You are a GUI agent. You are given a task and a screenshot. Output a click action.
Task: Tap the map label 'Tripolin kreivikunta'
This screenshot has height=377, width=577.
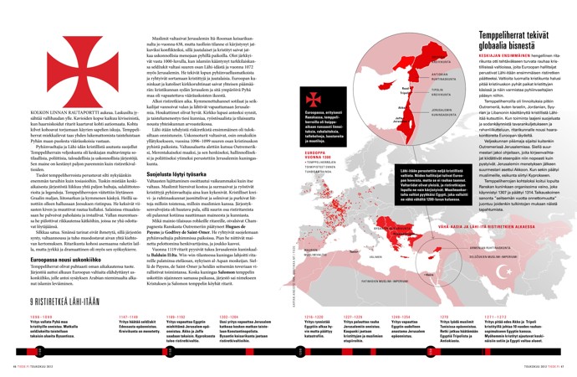click(x=415, y=94)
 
